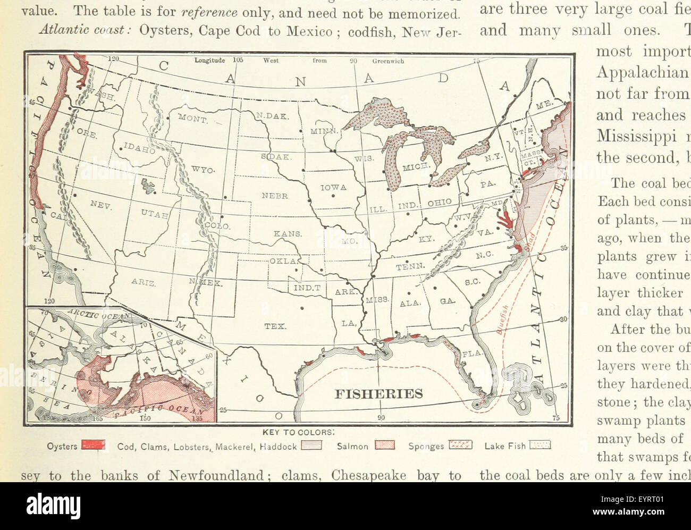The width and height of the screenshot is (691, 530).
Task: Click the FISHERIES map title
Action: point(378,394)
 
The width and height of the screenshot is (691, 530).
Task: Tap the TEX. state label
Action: point(275,326)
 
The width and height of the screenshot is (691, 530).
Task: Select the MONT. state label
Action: point(192,119)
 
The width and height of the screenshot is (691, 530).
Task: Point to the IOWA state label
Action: point(333,187)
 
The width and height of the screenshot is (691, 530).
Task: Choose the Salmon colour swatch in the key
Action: point(384,446)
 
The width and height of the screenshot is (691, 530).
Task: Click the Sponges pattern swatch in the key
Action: point(460,446)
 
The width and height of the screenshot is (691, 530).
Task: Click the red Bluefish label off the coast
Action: point(503,318)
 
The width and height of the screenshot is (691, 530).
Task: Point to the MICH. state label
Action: point(416,167)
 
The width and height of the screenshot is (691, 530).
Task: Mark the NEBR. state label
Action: point(275,196)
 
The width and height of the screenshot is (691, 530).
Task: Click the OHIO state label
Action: point(439,203)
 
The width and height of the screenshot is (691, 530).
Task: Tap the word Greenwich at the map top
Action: point(388,61)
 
